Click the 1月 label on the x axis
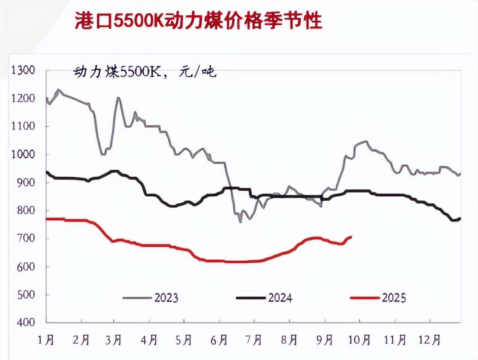tap(47, 340)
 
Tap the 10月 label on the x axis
tap(359, 340)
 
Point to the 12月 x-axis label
tap(430, 340)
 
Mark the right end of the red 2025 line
tap(351, 237)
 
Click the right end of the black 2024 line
tap(460, 218)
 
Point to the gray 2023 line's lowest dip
tap(240, 222)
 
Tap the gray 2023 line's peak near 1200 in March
tap(118, 98)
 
